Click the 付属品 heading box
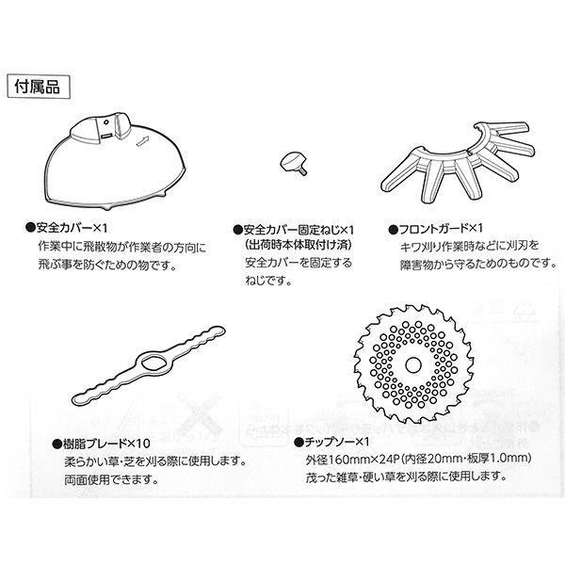pyautogui.click(x=39, y=87)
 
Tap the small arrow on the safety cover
pyautogui.click(x=143, y=140)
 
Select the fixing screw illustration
pyautogui.click(x=293, y=163)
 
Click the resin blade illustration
pyautogui.click(x=149, y=365)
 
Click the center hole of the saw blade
pyautogui.click(x=413, y=365)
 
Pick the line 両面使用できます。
pyautogui.click(x=112, y=479)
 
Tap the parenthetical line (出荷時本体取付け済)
pyautogui.click(x=298, y=246)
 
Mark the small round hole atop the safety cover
pyautogui.click(x=106, y=122)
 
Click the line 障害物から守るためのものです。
pyautogui.click(x=477, y=264)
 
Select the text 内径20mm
pyautogui.click(x=435, y=459)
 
